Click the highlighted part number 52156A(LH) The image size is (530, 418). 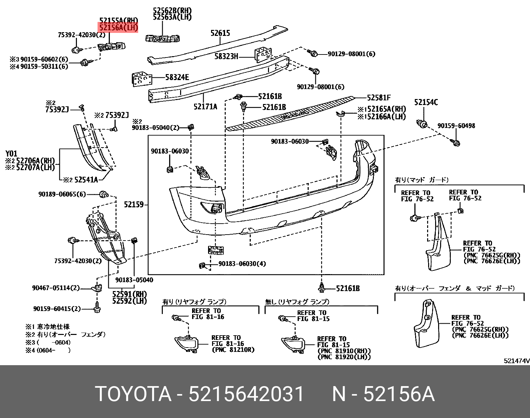pos(118,27)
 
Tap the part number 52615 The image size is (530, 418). pos(220,33)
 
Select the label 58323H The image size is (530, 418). pos(226,56)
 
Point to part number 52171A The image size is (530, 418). pos(205,106)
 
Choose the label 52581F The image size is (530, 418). pos(379,98)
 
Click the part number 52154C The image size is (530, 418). pos(426,102)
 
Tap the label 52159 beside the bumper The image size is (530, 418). pos(134,204)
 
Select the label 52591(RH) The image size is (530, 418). pos(130,294)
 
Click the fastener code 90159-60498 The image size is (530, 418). pos(456,126)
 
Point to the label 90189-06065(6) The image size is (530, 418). pos(62,194)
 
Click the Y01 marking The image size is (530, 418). pos(11,154)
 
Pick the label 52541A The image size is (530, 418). pos(86,180)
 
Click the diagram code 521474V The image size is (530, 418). pos(516,361)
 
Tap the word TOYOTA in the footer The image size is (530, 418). pos(133,394)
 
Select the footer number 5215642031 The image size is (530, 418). pos(246,394)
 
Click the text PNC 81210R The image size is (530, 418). pos(233,350)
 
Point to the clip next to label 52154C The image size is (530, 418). pos(422,124)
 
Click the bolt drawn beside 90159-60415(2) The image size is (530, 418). pos(97,308)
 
